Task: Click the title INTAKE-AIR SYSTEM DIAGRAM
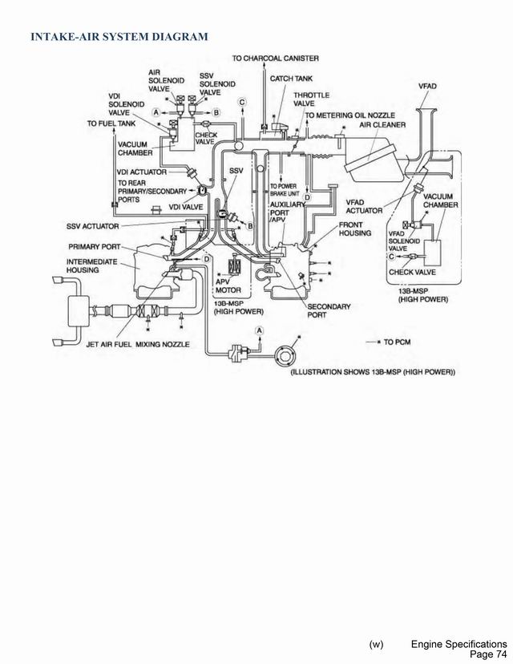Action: pos(119,36)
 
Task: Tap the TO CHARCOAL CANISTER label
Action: pos(275,59)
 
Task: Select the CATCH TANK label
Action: pos(291,79)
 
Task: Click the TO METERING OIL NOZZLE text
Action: pos(357,115)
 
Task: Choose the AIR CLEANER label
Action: pos(382,125)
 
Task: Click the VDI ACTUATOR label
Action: pos(141,172)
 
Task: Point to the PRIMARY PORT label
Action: pos(94,247)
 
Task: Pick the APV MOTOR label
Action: pos(228,285)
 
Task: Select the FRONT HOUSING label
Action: pos(355,229)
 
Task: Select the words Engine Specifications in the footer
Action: pos(458,645)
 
